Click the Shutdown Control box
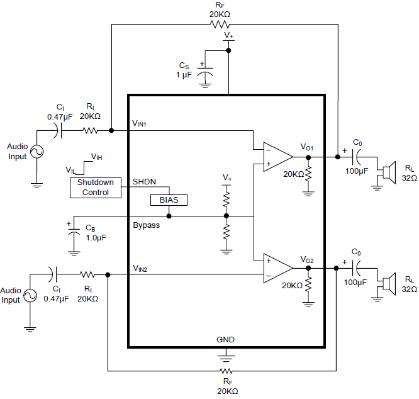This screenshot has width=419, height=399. click(x=96, y=187)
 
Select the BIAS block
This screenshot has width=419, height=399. click(x=169, y=200)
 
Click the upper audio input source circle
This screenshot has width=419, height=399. click(x=35, y=152)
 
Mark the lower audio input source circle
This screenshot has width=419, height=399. click(x=29, y=295)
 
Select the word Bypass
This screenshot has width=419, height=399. click(x=146, y=225)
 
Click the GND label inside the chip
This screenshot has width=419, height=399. click(x=225, y=339)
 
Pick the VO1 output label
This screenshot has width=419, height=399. click(x=307, y=147)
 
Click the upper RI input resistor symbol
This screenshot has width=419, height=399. click(x=90, y=131)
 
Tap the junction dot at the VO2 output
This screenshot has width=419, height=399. click(x=308, y=267)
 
